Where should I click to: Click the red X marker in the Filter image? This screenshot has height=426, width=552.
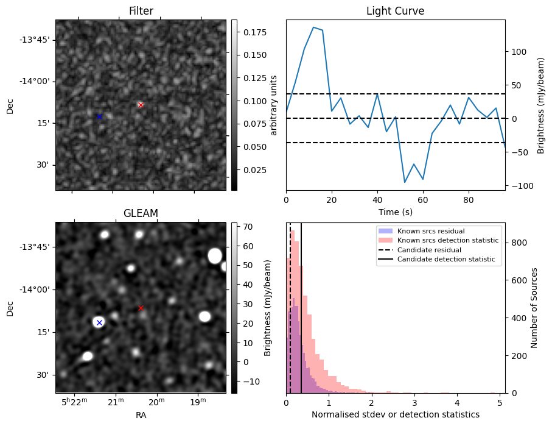(x=141, y=105)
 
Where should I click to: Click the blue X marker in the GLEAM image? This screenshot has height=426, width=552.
(x=99, y=322)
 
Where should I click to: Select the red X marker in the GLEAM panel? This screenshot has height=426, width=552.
(x=141, y=308)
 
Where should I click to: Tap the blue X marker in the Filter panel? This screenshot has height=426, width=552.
(x=99, y=117)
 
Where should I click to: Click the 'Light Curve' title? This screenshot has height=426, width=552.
(x=396, y=11)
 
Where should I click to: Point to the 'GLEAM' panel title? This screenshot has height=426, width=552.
(x=141, y=213)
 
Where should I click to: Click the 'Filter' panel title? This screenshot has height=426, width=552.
(x=141, y=11)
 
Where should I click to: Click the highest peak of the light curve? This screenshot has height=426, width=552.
(x=313, y=27)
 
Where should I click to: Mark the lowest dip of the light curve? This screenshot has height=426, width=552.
(x=405, y=182)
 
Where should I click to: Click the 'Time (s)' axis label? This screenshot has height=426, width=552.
(x=396, y=212)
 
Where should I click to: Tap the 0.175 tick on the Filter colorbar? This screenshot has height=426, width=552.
(x=255, y=32)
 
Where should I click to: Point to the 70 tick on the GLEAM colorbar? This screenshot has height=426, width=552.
(x=248, y=227)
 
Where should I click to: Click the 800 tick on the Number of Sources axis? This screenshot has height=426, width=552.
(x=519, y=243)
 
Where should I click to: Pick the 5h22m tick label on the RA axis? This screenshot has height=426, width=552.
(x=74, y=402)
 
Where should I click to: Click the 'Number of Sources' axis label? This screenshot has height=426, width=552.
(x=534, y=308)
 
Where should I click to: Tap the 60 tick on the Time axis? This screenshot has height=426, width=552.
(x=423, y=201)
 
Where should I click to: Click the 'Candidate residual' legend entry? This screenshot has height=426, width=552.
(x=429, y=250)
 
